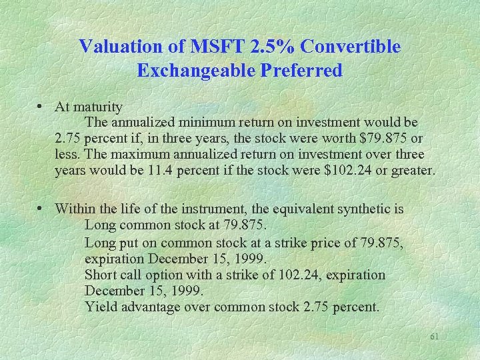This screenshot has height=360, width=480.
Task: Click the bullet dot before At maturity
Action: pos(42,107)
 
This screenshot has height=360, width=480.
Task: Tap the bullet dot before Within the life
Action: pos(42,209)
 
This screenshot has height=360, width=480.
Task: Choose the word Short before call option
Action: pos(100,275)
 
